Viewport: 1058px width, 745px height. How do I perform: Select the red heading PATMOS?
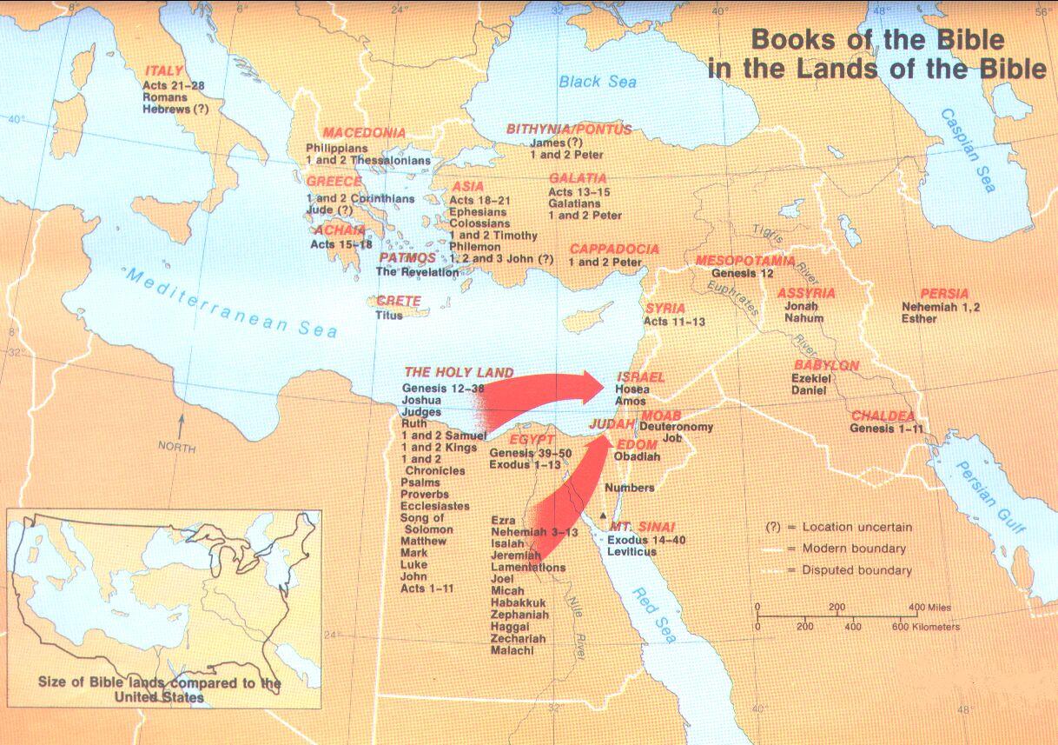(x=407, y=258)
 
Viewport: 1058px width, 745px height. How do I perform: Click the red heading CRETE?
(x=398, y=301)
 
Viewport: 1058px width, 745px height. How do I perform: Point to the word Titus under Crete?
(x=389, y=315)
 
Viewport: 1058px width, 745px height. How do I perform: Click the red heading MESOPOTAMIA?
(x=744, y=260)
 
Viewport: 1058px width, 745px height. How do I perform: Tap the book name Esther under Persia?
(x=919, y=319)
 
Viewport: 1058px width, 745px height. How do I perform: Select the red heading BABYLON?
(x=826, y=365)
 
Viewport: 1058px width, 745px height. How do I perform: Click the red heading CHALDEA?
(x=883, y=416)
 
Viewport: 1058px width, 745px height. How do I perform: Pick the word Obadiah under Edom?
(x=637, y=456)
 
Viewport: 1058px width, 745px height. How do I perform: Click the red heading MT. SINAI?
(x=642, y=527)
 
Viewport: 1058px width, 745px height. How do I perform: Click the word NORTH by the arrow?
(x=176, y=447)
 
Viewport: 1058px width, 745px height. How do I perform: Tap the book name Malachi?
(x=512, y=650)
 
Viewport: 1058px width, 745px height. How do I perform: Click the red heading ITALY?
(x=163, y=70)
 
